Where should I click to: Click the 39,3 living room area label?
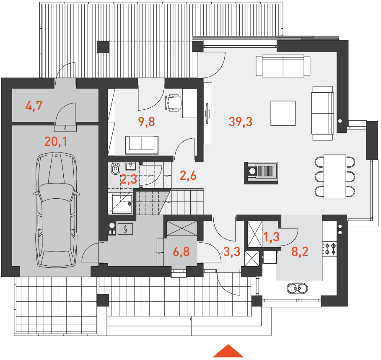[x=240, y=122]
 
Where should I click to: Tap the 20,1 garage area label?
[x=56, y=141]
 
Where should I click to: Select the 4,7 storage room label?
[x=34, y=106]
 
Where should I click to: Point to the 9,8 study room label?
[x=146, y=122]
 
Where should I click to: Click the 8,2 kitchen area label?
[x=300, y=251]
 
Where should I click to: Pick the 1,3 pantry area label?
[x=271, y=237]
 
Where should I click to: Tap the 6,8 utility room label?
[x=181, y=251]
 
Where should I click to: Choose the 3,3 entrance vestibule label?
[x=231, y=251]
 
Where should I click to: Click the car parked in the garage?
[x=56, y=210]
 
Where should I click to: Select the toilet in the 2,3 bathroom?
[x=115, y=168]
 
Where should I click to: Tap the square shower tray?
[x=122, y=204]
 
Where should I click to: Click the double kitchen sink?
[x=297, y=288]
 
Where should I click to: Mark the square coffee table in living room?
[x=283, y=113]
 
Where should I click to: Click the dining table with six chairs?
[x=335, y=176]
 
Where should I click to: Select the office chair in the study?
[x=173, y=103]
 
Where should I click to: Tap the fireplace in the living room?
[x=261, y=173]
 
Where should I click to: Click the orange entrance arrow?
[x=228, y=351]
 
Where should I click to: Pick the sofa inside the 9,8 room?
[x=142, y=145]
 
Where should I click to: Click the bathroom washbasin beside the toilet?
[x=131, y=166]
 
